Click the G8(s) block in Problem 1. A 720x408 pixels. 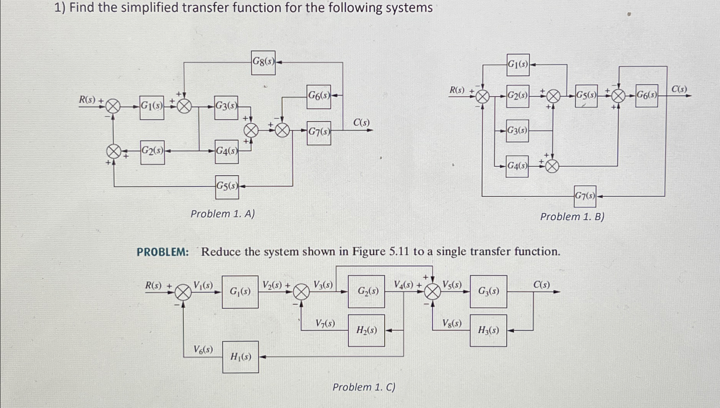(x=263, y=62)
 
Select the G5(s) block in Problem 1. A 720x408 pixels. (x=227, y=187)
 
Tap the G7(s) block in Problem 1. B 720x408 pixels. (x=585, y=196)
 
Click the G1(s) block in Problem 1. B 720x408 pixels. (x=518, y=65)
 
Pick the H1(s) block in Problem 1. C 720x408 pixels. (x=241, y=357)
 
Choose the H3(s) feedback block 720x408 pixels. (x=488, y=330)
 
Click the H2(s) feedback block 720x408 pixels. (x=366, y=330)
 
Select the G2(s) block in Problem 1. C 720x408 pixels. (x=366, y=292)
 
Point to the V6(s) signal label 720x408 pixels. (x=203, y=350)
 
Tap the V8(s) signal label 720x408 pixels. (x=452, y=323)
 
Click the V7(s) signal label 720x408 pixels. (x=325, y=323)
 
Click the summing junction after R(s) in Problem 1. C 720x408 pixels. (x=183, y=293)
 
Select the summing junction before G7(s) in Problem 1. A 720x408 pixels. (x=283, y=131)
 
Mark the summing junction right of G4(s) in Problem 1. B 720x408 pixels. (x=552, y=167)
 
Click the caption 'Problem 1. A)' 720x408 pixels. (x=223, y=214)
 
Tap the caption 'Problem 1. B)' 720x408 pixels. (x=572, y=217)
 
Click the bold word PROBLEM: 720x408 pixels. (x=163, y=252)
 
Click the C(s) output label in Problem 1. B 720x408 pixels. (x=679, y=89)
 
